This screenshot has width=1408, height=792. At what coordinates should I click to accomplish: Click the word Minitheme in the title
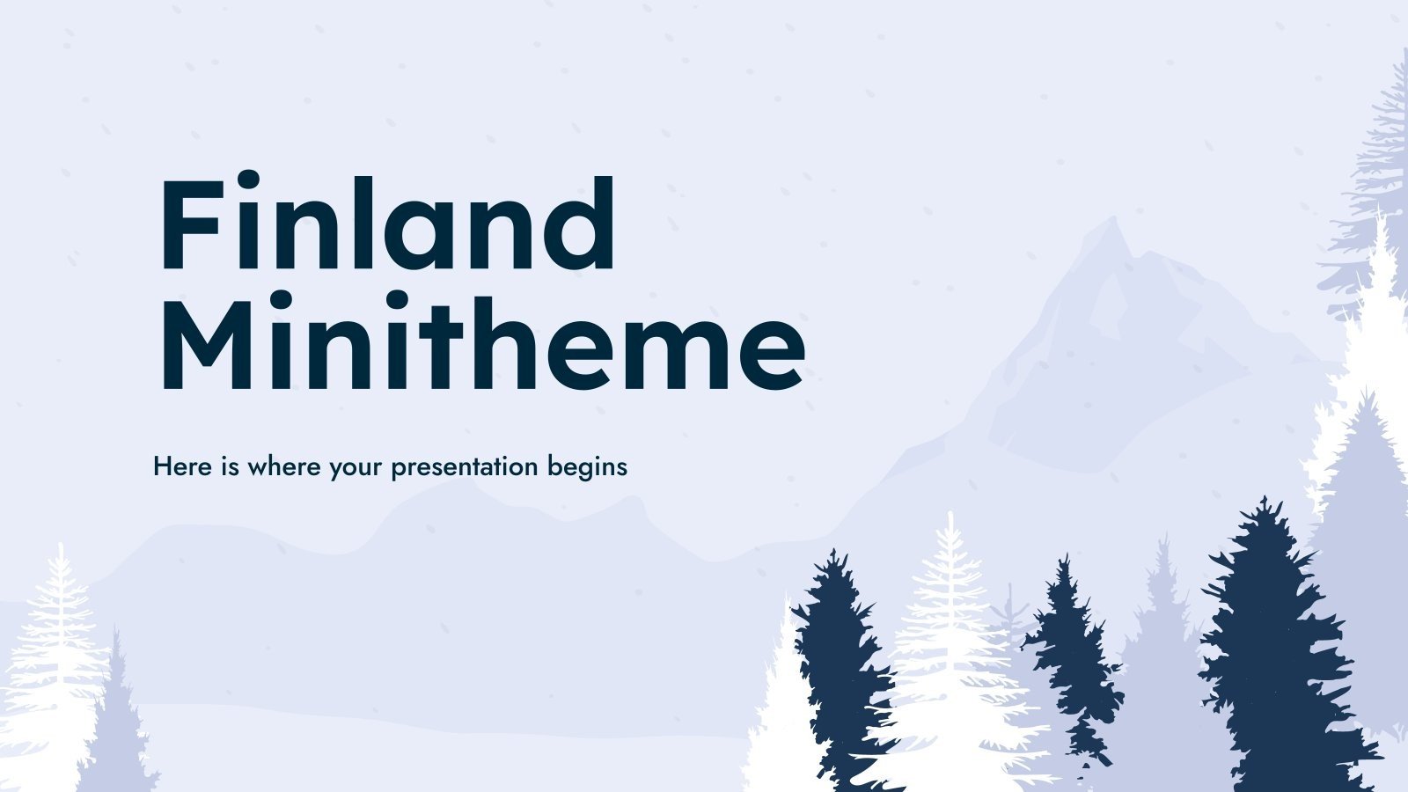(480, 343)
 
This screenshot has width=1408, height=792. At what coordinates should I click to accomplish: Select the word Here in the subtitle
(182, 466)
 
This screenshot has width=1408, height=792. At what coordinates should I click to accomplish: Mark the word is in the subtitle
(230, 466)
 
